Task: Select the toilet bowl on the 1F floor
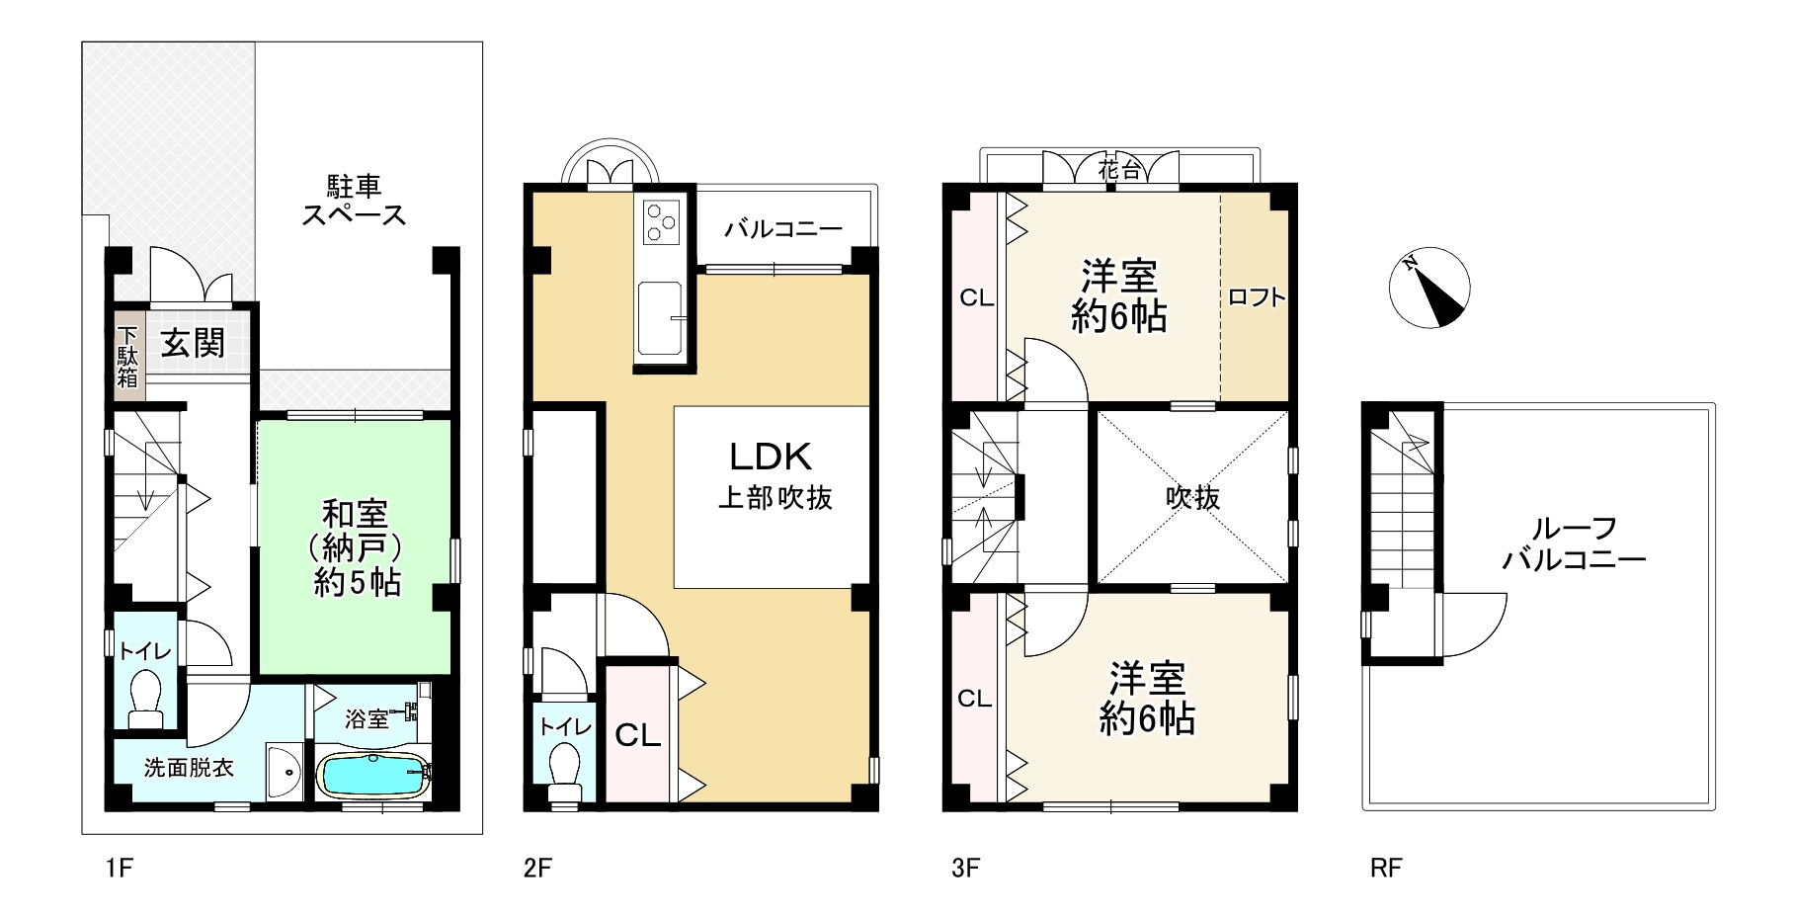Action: [x=147, y=698]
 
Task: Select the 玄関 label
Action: [x=194, y=343]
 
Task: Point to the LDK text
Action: [x=771, y=457]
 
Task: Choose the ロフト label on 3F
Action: [x=1257, y=296]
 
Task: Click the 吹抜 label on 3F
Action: [x=1192, y=497]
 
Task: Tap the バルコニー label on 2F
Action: [x=783, y=229]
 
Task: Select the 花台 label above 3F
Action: [x=1119, y=171]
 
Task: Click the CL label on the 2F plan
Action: [x=638, y=735]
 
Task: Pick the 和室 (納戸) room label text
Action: [x=357, y=547]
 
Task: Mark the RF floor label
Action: [x=1386, y=869]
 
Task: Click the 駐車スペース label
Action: [x=354, y=200]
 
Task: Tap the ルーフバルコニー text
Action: [x=1574, y=544]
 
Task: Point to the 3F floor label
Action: [x=965, y=869]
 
